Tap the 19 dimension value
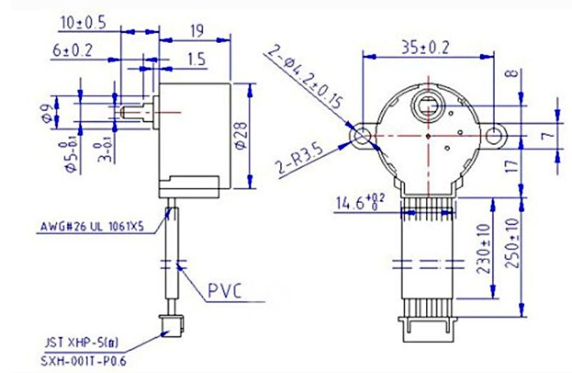coord(198,31)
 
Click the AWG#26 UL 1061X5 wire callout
coord(92,229)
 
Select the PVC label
coord(225,291)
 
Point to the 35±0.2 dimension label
coord(425,49)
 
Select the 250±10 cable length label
coord(511,244)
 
